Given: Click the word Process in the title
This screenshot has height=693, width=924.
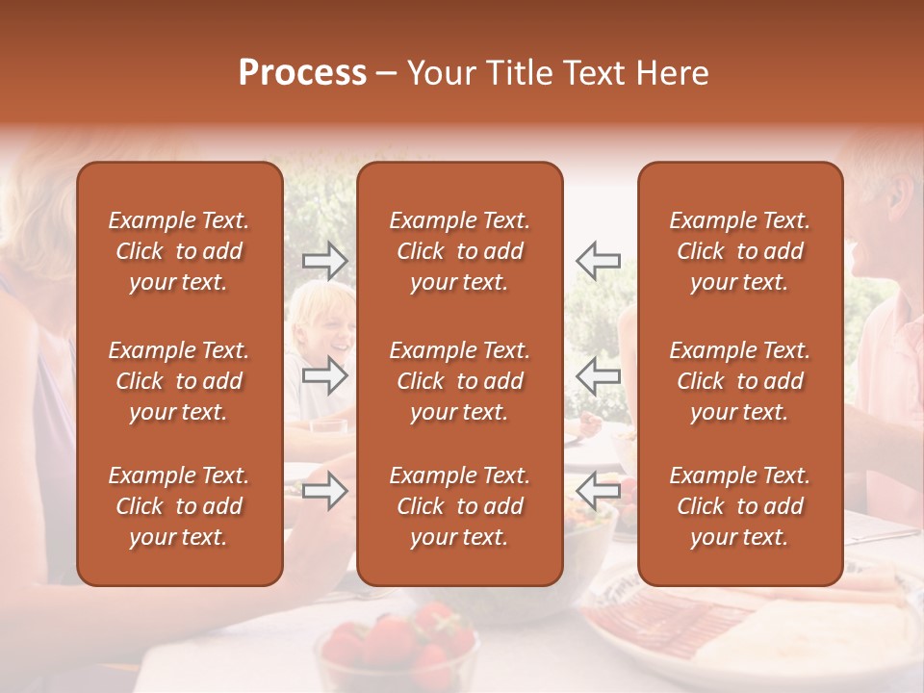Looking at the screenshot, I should (302, 73).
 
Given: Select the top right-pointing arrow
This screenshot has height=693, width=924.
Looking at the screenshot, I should (324, 260).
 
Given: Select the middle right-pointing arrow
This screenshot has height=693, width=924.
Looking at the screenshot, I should (324, 375).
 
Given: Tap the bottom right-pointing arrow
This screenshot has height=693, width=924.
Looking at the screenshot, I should (324, 491).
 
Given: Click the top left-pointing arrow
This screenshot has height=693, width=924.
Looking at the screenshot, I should (598, 260).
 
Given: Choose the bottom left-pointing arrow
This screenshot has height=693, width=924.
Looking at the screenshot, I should (598, 491).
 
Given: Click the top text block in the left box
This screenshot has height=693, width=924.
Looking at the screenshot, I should (179, 251).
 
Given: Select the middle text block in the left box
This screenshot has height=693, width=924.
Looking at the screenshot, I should (179, 381).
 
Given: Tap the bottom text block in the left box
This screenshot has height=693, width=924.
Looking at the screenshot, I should (179, 506).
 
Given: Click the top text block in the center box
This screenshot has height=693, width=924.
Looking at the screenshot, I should (459, 251).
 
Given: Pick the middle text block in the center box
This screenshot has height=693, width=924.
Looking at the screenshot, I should (459, 381).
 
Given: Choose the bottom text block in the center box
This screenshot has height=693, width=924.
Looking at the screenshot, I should (459, 506).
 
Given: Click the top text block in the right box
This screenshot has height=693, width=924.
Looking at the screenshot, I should (739, 251).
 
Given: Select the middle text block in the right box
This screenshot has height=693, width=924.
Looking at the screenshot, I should (739, 381).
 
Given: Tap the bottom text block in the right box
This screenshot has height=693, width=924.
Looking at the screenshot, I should (739, 506).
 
